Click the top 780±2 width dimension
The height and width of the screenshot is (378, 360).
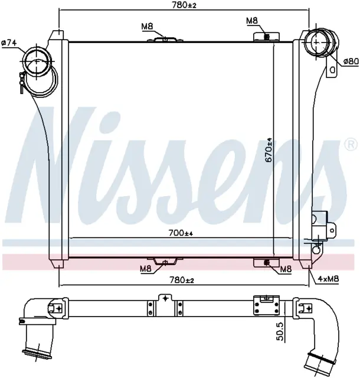tap(184, 5)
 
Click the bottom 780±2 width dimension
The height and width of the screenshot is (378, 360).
tap(182, 280)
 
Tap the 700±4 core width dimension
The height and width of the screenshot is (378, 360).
tap(181, 233)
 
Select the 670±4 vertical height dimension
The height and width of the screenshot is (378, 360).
tap(269, 149)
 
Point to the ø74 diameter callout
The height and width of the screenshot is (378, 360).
tap(9, 43)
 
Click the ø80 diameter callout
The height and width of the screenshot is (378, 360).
tap(351, 61)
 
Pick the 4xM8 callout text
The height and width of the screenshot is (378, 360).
tap(329, 279)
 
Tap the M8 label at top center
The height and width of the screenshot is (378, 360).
tap(147, 27)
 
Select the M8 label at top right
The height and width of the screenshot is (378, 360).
tap(252, 21)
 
